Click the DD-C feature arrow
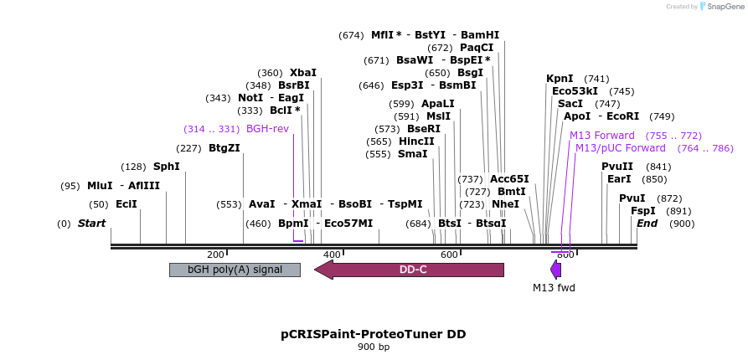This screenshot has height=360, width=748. coord(412,270)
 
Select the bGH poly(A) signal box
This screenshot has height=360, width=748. coord(235,270)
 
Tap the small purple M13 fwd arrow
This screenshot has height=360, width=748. coord(555,270)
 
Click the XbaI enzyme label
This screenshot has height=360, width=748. coord(303,73)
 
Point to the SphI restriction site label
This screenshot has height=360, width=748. coord(166,167)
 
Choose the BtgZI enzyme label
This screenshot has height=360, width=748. coord(224,148)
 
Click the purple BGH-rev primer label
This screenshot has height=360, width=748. coord(267,129)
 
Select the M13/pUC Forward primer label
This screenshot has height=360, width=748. coord(620,148)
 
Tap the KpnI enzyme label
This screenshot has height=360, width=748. coord(560,79)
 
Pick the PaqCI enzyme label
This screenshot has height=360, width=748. coord(477,48)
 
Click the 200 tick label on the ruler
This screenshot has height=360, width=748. coord(215,255)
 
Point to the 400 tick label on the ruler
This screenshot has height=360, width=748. coord(332,255)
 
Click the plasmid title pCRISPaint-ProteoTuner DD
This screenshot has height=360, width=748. coord(374,334)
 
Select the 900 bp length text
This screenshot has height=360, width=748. coord(374,347)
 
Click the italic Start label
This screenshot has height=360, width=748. coord(91,224)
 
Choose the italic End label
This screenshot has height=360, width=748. coord(647,224)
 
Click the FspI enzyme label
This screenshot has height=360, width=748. coord(643,211)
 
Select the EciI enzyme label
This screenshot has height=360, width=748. coord(126,204)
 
